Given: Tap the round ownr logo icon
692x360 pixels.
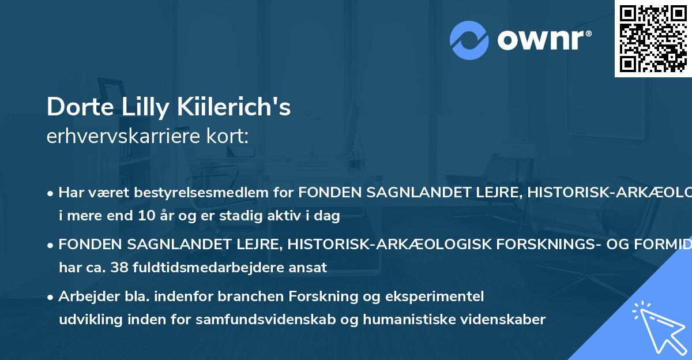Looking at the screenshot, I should coord(469,40).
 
